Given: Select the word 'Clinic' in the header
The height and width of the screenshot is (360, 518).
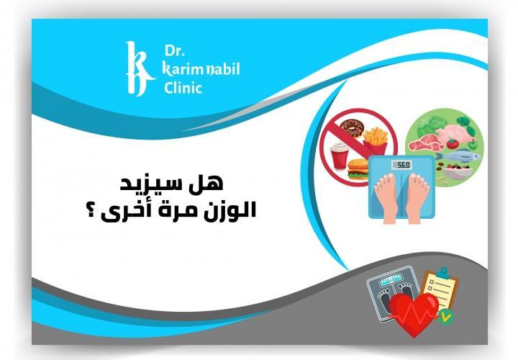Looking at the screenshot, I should pos(182,88).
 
